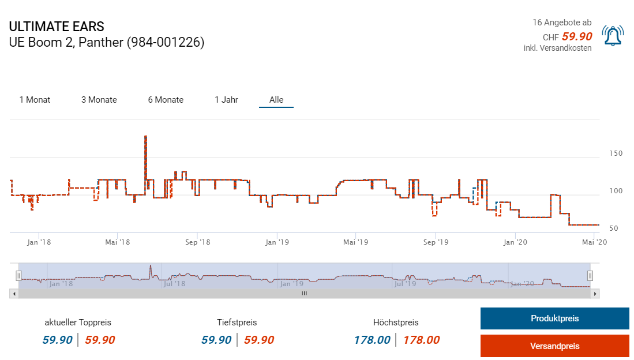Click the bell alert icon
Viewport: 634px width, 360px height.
612,36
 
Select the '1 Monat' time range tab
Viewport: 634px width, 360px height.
35,100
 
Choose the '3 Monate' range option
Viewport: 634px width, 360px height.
99,100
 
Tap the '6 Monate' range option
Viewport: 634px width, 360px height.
166,100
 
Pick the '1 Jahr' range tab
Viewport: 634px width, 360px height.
226,100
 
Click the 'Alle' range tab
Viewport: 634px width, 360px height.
276,100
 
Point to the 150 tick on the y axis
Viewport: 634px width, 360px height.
616,153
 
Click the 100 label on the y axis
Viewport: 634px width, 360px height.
616,191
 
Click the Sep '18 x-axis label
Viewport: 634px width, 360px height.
198,242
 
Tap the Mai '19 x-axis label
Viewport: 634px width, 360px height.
355,242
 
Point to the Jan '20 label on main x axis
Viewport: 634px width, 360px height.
515,242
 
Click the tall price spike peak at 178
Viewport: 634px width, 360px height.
145,137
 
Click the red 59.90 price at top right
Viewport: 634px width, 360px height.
577,36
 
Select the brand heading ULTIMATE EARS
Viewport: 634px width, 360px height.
57,27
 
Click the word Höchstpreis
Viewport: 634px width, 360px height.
396,322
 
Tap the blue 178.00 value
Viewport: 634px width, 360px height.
372,340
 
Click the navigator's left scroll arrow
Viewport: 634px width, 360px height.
13,294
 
